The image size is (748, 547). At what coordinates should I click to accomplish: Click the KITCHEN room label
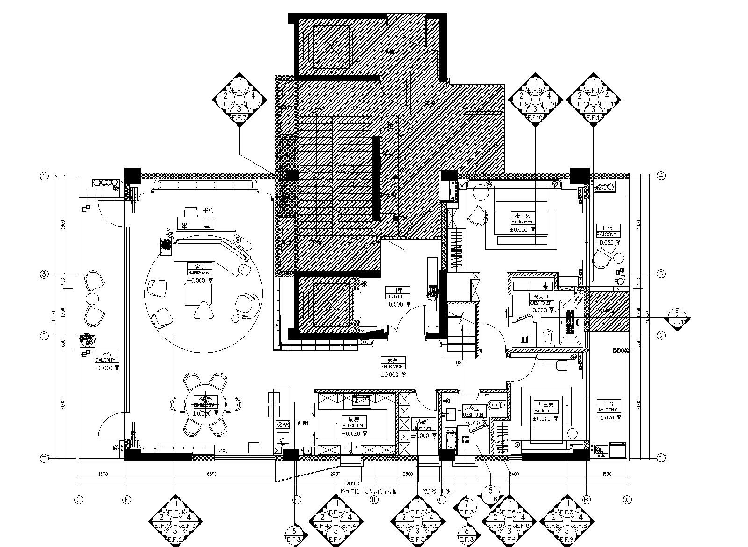pos(353,426)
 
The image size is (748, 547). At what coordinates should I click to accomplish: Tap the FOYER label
pos(393,296)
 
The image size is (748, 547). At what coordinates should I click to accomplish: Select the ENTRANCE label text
pos(393,367)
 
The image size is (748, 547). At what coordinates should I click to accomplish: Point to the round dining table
pos(206,404)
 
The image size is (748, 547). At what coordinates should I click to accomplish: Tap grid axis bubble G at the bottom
pos(79,500)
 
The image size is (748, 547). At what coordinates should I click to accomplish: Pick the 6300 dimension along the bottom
pos(211,474)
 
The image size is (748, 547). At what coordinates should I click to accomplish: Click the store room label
pos(423,428)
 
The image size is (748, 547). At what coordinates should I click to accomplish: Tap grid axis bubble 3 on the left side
pos(44,274)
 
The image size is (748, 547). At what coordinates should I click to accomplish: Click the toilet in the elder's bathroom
pos(548,336)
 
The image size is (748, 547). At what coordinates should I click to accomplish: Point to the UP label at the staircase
pos(459,362)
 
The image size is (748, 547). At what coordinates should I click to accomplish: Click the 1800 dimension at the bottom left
pos(103,474)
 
